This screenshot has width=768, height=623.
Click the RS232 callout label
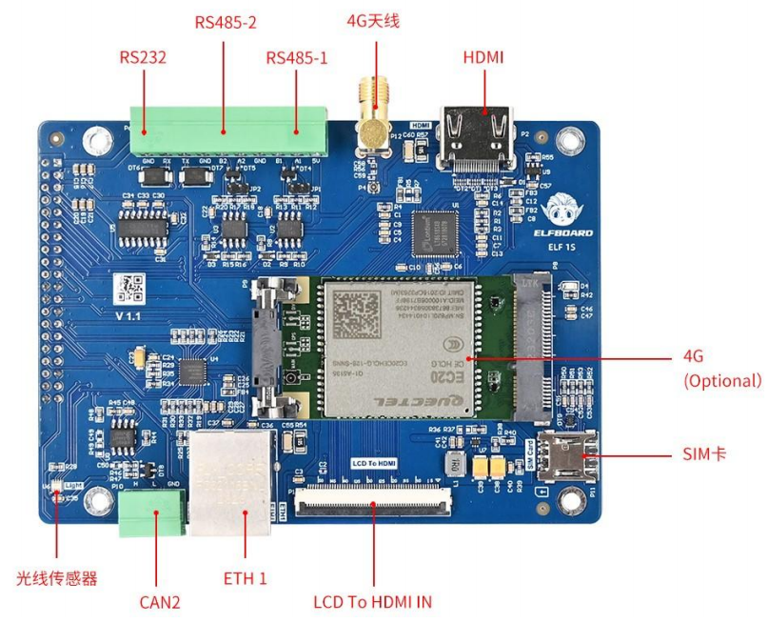coord(143,58)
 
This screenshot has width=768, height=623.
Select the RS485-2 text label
coord(226,20)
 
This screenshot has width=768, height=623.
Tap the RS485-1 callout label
coord(297,58)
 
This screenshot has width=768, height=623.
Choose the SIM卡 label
coord(705,454)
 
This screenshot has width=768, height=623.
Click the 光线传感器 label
coord(57,577)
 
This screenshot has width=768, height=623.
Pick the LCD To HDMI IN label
coord(373,602)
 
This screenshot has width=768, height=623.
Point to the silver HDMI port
coord(474,138)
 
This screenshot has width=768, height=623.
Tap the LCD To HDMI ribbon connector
coord(373,500)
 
